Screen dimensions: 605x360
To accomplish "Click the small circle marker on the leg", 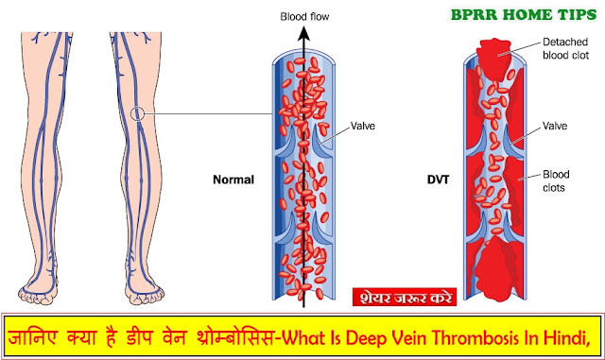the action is pos(139,115).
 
